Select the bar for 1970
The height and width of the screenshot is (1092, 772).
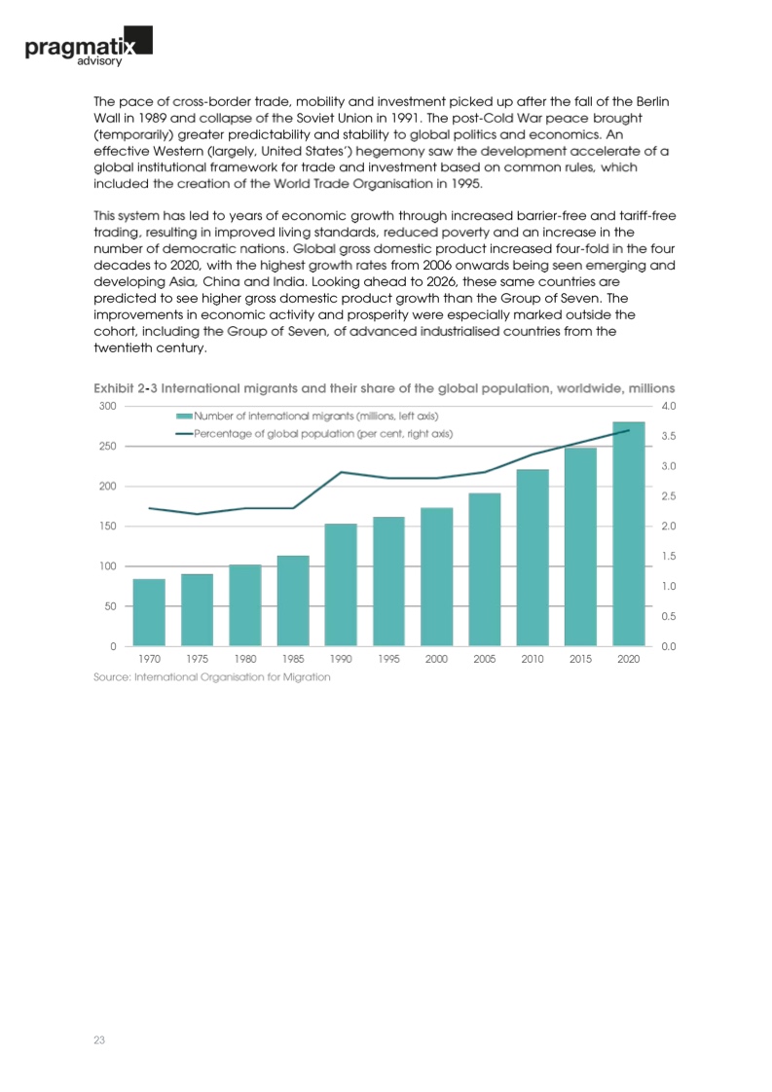point(149,612)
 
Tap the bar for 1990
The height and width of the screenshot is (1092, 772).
point(341,584)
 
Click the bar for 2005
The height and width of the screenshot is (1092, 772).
point(485,569)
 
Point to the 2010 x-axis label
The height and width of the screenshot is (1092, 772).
point(533,659)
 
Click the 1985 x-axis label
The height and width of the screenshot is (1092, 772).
point(293,659)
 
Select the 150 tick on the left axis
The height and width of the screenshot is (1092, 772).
point(109,526)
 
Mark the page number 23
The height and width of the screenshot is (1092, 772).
point(98,1040)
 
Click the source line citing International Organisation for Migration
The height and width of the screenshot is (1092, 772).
point(211,677)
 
